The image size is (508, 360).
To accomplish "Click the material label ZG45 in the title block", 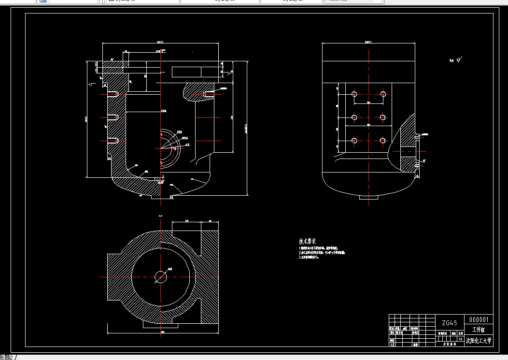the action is pos(450,322).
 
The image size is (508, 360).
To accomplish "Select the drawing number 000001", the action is pos(479,319).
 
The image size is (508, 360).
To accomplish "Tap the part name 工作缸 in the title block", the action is pos(479,330).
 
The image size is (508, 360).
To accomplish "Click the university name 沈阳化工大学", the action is pos(479,341).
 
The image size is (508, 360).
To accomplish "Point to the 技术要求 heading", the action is pos(307,241).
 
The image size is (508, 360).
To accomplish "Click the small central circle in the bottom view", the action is pos(160,276).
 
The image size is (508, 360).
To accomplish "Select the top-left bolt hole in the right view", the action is pos(354,94).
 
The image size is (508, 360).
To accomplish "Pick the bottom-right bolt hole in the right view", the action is pos(383,141).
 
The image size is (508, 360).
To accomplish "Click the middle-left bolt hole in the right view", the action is pos(354,117).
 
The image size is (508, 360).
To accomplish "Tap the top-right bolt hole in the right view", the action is pos(383,94).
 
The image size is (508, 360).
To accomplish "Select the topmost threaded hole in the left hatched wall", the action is pos(113,94).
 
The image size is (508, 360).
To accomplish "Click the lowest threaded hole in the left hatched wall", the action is pos(113,140).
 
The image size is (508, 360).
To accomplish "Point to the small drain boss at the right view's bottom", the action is pos(368,197).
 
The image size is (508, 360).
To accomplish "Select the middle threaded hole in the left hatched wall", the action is pos(113,117).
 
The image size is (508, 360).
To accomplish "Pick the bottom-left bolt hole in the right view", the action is pos(354,141).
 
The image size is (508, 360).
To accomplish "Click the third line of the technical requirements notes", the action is pos(309,257).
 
